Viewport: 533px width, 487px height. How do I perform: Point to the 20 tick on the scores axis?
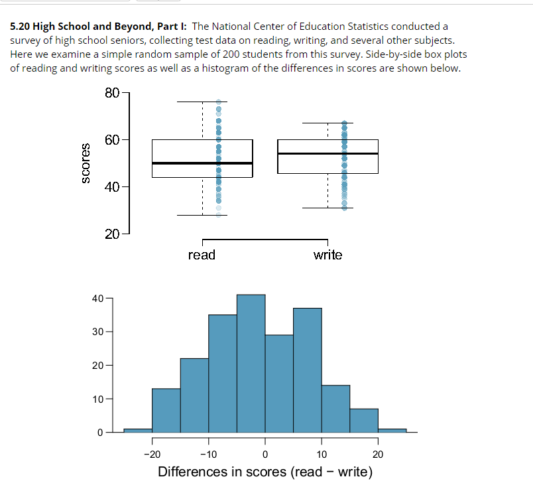(111, 234)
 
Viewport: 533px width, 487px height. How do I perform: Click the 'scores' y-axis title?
(85, 163)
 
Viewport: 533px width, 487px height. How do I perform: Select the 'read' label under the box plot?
(202, 255)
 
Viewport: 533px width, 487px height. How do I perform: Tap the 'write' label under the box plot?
(327, 255)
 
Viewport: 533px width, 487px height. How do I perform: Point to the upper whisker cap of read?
(202, 102)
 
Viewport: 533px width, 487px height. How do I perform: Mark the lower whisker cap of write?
(327, 208)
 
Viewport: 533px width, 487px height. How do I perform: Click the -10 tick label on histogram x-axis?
(208, 454)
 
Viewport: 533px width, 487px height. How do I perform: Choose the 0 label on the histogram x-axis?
(265, 454)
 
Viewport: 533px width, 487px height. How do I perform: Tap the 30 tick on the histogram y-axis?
(98, 331)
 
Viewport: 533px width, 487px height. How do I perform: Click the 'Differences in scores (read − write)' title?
(265, 472)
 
